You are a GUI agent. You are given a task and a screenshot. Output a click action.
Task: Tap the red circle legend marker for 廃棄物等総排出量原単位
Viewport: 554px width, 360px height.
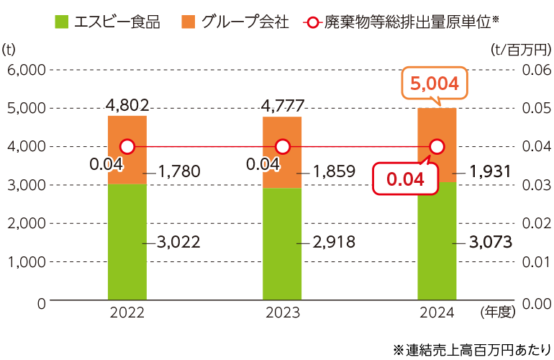point(312,22)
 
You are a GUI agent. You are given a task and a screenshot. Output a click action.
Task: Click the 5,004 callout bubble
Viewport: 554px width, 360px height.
point(434,84)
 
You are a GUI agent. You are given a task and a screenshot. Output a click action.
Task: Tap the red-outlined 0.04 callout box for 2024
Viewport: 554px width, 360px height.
point(405,179)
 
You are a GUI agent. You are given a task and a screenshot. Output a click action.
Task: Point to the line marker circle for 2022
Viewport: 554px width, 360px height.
point(127,147)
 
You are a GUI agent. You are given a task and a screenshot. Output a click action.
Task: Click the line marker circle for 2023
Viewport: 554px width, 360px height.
point(282,147)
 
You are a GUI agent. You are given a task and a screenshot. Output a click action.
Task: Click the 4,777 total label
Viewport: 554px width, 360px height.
point(283,105)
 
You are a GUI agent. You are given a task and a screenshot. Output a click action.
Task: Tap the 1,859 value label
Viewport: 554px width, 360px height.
point(335,171)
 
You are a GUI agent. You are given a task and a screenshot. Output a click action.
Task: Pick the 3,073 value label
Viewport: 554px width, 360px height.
point(490,242)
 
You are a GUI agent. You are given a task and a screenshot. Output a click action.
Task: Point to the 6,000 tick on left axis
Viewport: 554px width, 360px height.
point(26,70)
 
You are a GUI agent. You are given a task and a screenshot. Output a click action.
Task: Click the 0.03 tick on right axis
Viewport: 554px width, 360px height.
point(533,185)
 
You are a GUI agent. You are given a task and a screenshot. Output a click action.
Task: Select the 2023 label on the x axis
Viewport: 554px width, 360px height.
point(282,312)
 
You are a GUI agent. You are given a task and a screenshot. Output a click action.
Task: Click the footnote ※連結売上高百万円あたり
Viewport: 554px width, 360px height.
point(472,348)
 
